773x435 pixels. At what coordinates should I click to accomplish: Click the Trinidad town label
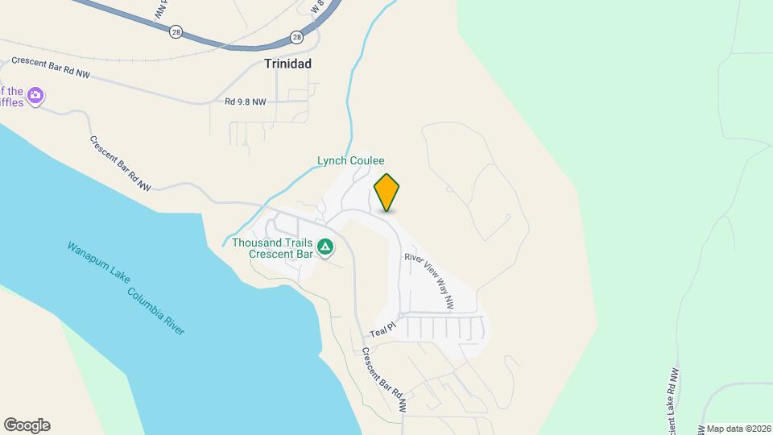(x=288, y=63)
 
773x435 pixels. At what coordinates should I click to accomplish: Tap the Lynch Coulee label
(x=350, y=160)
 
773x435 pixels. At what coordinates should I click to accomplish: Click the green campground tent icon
(x=325, y=246)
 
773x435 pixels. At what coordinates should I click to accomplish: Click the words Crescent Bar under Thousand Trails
(x=280, y=254)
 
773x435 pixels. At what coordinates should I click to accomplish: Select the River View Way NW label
(x=430, y=281)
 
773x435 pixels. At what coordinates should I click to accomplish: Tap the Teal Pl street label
(x=383, y=330)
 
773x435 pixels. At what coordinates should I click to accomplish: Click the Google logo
(x=27, y=425)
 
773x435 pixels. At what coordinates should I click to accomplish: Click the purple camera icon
(x=35, y=97)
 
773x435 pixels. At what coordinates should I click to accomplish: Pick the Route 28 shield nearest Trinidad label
(x=296, y=37)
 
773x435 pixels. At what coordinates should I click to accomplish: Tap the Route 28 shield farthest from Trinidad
(x=176, y=31)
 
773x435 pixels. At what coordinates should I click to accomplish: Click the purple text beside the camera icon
(x=11, y=97)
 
